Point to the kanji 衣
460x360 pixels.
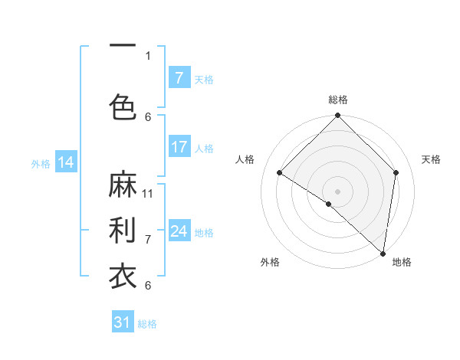(x=123, y=275)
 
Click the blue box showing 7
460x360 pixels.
(x=179, y=77)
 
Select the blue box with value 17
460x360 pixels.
(x=179, y=147)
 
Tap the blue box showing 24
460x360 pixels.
(x=179, y=231)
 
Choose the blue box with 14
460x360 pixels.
(x=65, y=162)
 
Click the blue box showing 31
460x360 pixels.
(x=123, y=322)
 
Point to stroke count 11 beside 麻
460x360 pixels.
(x=148, y=193)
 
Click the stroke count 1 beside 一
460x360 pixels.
(x=148, y=55)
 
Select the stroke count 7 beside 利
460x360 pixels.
(x=148, y=239)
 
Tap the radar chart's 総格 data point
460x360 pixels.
(x=337, y=116)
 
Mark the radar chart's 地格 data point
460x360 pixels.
(x=383, y=254)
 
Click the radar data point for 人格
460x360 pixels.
(x=280, y=173)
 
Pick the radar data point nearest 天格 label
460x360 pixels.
(x=396, y=172)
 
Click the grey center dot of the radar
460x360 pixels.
(x=337, y=191)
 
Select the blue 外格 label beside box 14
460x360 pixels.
(x=41, y=163)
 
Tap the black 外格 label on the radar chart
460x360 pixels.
(x=270, y=262)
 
